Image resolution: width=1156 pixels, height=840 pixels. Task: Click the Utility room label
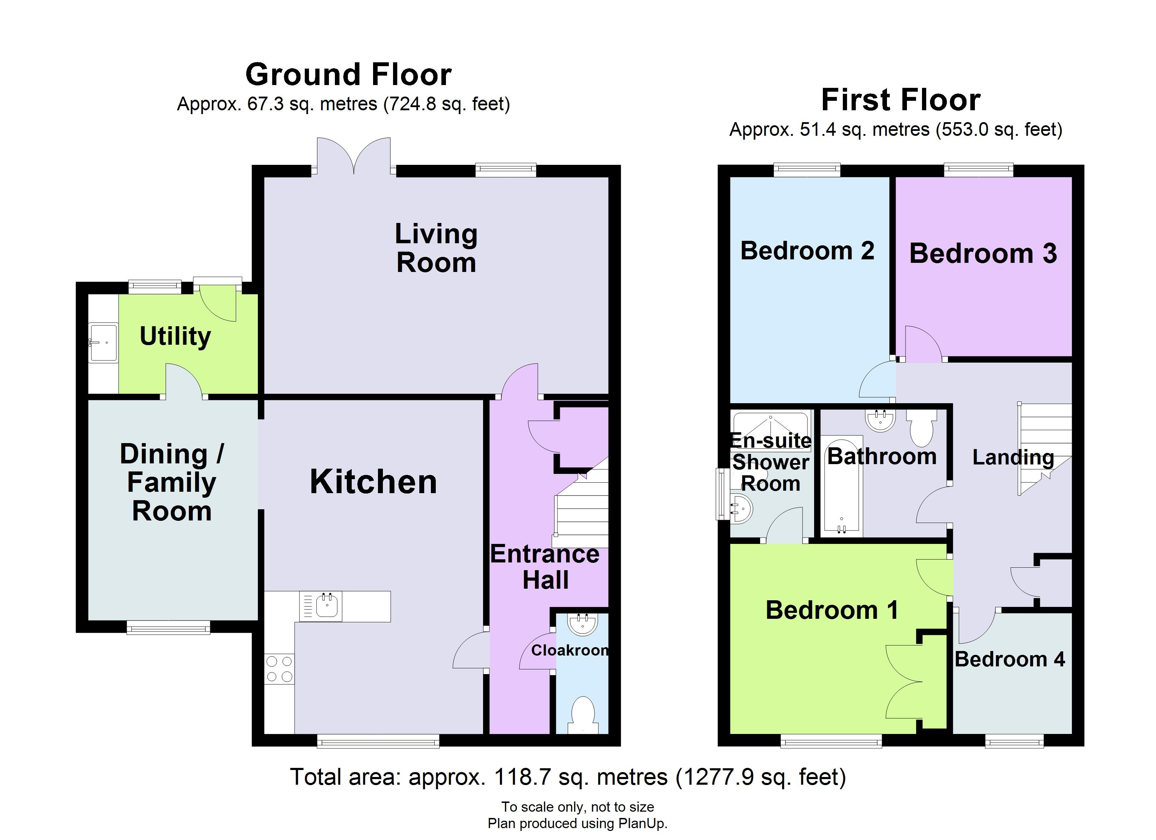176,337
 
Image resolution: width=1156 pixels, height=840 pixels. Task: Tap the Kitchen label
374,482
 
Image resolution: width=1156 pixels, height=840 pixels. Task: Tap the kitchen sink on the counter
321,606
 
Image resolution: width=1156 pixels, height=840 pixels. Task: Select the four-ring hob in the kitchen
279,669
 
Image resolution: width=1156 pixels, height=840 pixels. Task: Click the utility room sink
103,343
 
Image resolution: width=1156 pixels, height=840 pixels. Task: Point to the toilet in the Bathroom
921,428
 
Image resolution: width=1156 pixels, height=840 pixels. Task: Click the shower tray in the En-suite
771,428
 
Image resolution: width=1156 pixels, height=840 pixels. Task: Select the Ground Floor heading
349,74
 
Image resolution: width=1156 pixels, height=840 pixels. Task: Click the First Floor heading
901,99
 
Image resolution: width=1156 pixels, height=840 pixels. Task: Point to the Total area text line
568,777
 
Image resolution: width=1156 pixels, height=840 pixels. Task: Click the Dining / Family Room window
168,628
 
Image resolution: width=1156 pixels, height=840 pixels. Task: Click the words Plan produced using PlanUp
578,823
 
